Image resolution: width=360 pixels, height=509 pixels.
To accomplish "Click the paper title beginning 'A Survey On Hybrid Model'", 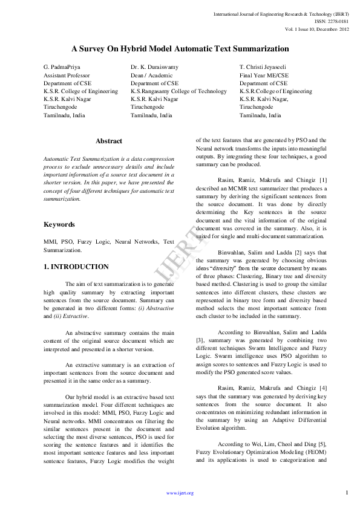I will (180, 48).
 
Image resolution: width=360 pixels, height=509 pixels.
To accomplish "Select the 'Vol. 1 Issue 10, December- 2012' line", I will (317, 29).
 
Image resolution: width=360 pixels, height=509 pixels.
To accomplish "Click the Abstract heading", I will (109, 141).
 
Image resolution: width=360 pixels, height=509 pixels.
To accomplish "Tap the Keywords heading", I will (59, 224).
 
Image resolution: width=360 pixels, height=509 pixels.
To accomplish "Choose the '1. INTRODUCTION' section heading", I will (76, 267).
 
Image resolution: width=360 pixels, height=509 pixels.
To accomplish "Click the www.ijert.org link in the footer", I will (180, 493).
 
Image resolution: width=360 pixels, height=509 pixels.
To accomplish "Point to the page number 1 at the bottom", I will (347, 493).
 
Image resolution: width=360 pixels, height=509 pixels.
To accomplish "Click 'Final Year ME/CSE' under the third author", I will (264, 75).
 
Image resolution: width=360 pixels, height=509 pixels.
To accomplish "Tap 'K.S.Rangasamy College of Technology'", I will (178, 91).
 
